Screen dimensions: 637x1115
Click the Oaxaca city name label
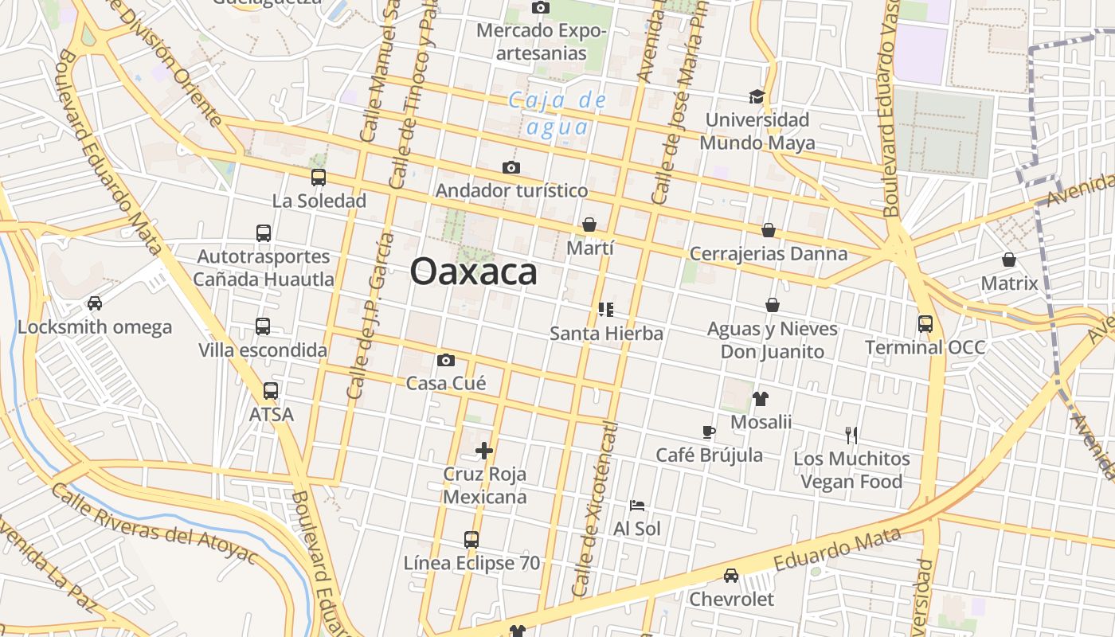[473, 272]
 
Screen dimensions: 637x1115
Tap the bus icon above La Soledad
[319, 178]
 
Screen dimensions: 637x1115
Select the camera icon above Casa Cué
[446, 360]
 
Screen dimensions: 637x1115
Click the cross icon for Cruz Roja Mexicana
[484, 451]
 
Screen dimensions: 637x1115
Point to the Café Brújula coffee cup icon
[709, 432]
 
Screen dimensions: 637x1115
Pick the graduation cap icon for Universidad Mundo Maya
[756, 97]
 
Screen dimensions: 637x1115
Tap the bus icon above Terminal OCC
[925, 324]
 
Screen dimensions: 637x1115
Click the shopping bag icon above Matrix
[1009, 260]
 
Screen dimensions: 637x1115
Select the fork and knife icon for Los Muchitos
[851, 436]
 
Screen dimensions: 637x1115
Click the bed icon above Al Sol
[636, 505]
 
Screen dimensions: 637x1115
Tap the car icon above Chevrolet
[730, 576]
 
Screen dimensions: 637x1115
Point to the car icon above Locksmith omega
[95, 303]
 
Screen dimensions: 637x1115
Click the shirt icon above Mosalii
[761, 399]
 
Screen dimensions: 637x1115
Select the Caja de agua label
[558, 113]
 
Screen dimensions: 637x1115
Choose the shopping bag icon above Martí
[589, 225]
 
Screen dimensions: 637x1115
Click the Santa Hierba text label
[606, 333]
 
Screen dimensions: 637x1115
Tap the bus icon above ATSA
[271, 391]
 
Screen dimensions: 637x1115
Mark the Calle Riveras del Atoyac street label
[155, 523]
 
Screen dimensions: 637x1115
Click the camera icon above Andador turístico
[511, 167]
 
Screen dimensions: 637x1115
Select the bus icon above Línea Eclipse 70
[471, 540]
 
